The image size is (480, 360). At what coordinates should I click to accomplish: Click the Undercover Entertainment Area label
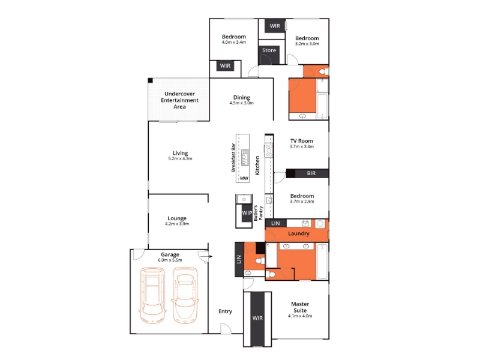point(179,100)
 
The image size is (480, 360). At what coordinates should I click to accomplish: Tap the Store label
point(269,50)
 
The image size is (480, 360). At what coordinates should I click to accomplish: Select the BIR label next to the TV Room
point(311,173)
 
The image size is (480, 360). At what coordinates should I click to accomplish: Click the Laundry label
point(299,233)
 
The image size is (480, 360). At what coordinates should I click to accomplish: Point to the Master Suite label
point(300,307)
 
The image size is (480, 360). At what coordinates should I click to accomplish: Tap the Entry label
point(225,311)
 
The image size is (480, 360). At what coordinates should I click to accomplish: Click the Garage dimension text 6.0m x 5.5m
point(170,260)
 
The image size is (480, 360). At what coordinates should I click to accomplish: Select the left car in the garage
point(152,295)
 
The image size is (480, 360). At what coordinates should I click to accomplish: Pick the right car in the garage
point(185,295)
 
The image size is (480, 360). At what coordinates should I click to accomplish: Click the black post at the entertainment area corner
point(151,80)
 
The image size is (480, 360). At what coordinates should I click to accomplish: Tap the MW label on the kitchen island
point(244,178)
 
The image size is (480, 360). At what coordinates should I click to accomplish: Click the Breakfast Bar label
point(233,157)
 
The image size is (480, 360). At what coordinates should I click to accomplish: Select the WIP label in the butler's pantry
point(247,213)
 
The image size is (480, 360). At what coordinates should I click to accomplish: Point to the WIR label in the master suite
point(257,318)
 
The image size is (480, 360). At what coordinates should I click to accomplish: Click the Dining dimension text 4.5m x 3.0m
point(242,103)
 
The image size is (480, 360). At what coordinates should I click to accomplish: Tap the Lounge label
point(177,218)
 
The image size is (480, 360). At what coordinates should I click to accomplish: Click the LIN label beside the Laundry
point(275,223)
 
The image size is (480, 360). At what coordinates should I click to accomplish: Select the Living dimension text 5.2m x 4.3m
point(180,158)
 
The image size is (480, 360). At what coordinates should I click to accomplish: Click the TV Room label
point(302,141)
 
